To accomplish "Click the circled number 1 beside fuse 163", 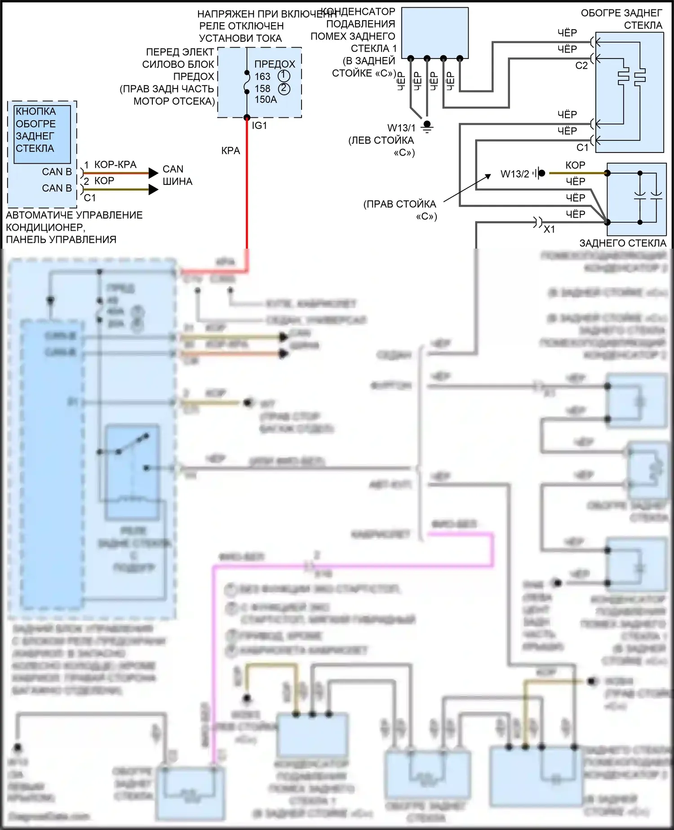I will click(x=284, y=76).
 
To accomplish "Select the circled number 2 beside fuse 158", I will click(x=284, y=88).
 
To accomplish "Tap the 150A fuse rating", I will click(x=266, y=100).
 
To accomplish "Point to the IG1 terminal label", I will click(x=259, y=126).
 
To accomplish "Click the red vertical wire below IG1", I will click(x=247, y=189).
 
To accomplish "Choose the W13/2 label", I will click(x=514, y=174).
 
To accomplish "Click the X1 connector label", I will click(x=549, y=230).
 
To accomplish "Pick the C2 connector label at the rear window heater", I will click(x=581, y=66).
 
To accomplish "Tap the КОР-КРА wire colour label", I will click(x=115, y=165).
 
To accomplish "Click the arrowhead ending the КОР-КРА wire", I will click(x=154, y=173).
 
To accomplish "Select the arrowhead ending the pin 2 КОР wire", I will click(x=154, y=189).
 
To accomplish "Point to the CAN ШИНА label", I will click(x=177, y=175).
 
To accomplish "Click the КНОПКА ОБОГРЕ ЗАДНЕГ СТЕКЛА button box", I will click(x=42, y=134).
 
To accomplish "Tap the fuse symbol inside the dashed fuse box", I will click(x=247, y=82).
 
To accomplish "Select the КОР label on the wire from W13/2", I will click(x=575, y=165).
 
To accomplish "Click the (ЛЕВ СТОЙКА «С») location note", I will click(x=381, y=147).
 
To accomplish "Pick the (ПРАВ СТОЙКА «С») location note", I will click(x=400, y=210).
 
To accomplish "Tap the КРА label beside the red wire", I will click(x=231, y=151).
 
